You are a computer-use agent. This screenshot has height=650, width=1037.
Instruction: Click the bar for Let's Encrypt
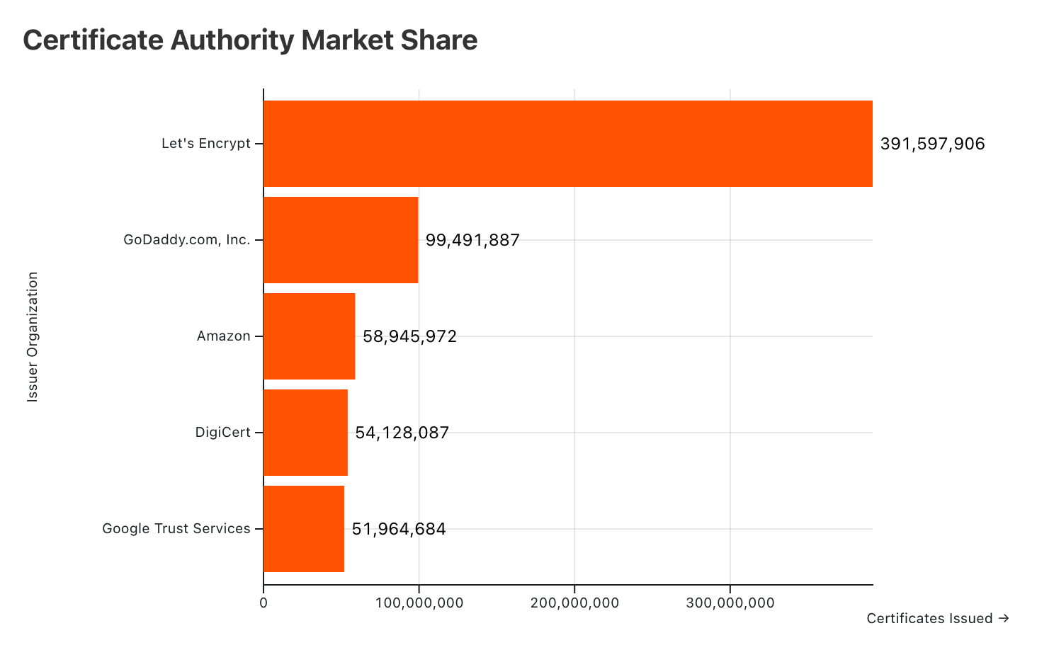click(567, 144)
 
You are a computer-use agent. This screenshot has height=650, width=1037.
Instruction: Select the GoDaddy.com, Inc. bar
click(341, 240)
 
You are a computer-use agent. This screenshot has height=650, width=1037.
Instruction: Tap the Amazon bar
click(309, 336)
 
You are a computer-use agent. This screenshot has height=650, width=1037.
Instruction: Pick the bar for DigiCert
click(305, 433)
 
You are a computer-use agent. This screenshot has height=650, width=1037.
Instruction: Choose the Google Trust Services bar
click(304, 529)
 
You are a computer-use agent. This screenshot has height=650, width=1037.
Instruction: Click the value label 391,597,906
click(932, 144)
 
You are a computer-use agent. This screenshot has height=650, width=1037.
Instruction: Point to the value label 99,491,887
click(472, 241)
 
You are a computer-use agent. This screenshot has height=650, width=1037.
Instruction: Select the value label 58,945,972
click(409, 337)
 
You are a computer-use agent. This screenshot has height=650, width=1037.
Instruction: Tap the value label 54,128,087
click(402, 433)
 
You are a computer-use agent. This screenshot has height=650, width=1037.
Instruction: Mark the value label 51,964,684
click(399, 529)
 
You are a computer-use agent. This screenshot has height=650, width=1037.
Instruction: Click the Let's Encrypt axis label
click(206, 144)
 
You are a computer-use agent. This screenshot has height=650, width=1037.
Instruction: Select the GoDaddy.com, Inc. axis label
click(187, 240)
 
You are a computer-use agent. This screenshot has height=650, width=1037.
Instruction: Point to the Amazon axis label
click(224, 336)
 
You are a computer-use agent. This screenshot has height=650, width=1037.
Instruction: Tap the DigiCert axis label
click(223, 433)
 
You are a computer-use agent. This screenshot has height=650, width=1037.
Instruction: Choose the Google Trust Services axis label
click(176, 529)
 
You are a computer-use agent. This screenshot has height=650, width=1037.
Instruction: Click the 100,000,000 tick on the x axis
click(419, 603)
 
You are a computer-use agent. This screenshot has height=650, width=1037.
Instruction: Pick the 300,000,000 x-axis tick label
click(730, 603)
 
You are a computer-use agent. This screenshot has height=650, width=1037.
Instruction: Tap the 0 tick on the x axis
click(263, 603)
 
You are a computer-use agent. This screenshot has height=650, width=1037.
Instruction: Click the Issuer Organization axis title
click(33, 337)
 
